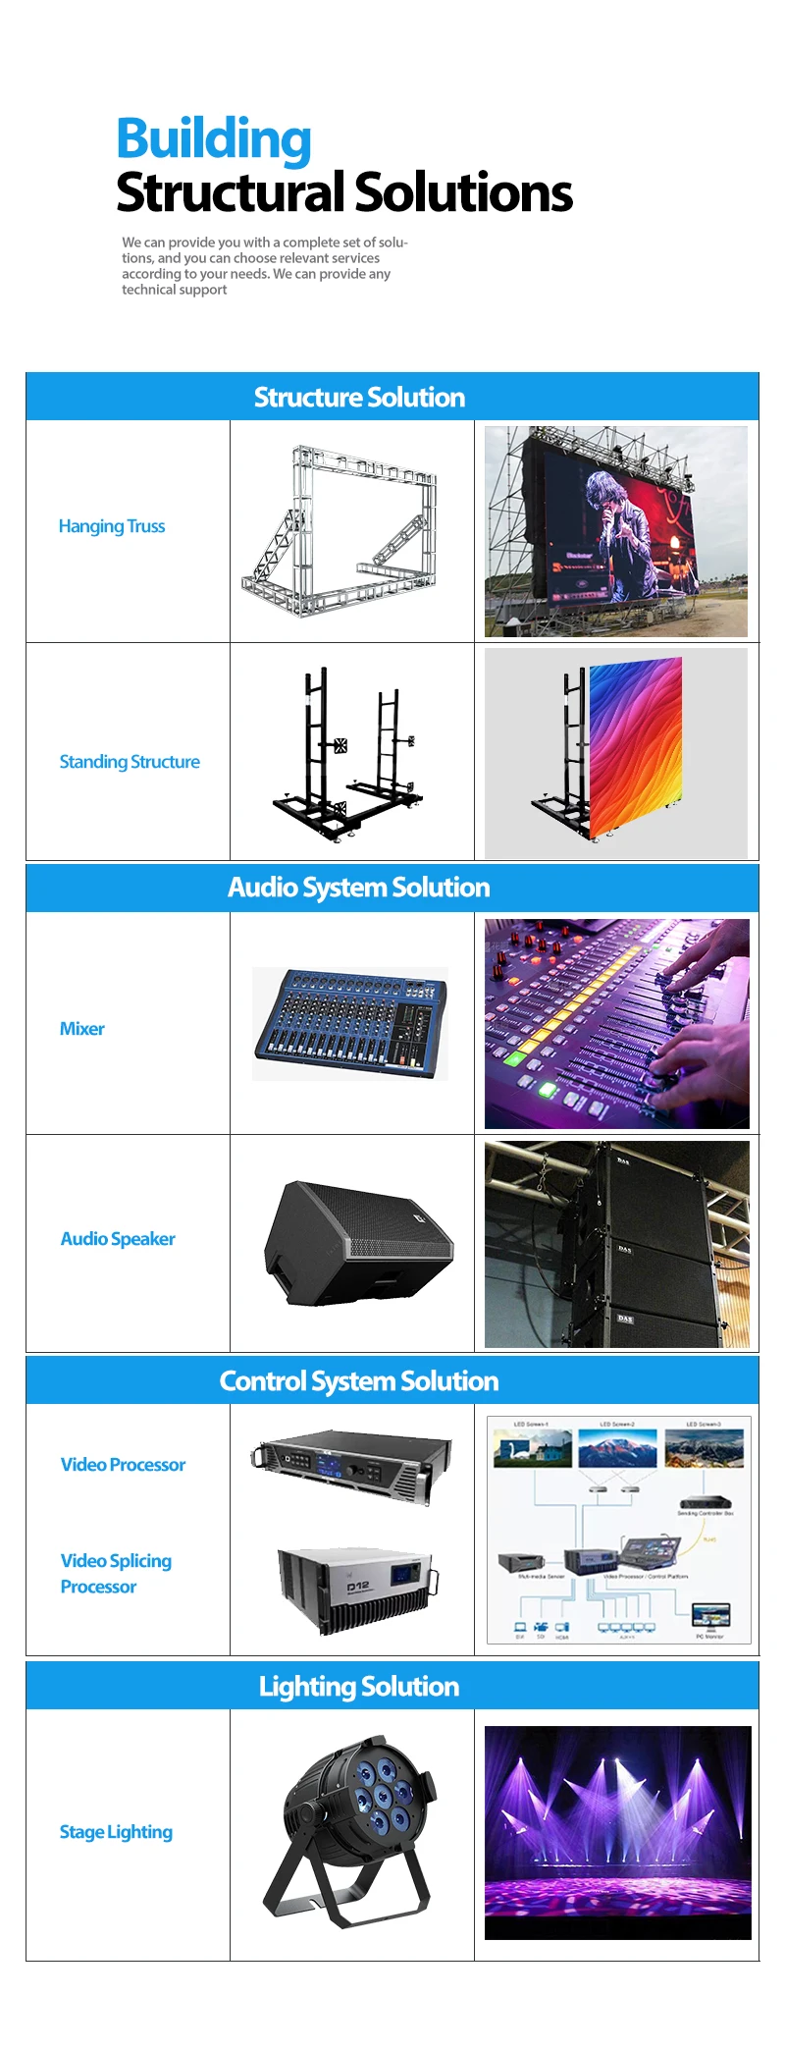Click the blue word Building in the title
coord(214,139)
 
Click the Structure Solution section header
coord(359,397)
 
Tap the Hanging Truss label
coord(112,526)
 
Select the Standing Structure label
coord(130,762)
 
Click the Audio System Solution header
coord(359,888)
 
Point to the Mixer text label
coord(82,1029)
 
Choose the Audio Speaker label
coord(118,1239)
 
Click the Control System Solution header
coord(359,1381)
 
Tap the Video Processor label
coord(123,1465)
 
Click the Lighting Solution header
coord(359,1687)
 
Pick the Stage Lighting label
coord(116,1832)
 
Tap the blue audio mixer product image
coord(349,1024)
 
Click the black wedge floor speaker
coord(357,1244)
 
